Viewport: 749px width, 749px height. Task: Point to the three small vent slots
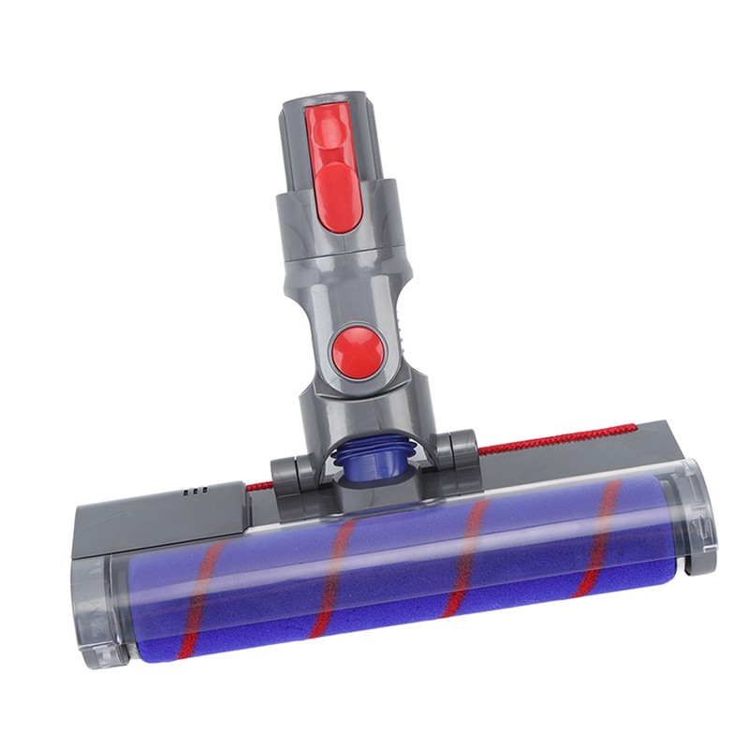coord(195,490)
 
